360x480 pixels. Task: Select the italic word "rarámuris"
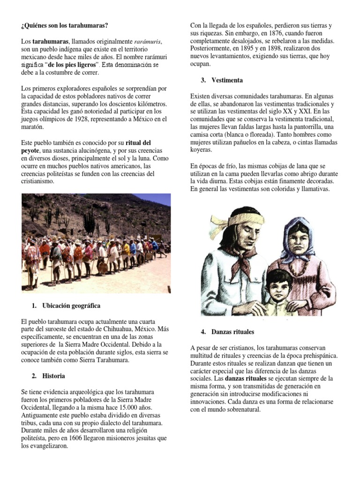[147, 41]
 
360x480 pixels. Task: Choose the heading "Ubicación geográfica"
[71, 306]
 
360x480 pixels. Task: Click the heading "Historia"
[53, 376]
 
